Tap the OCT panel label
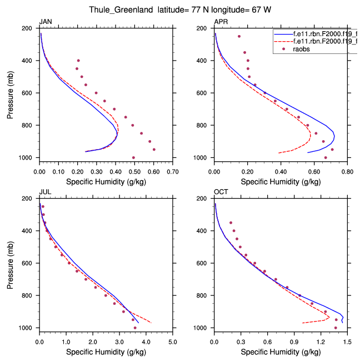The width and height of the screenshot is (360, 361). coord(221,192)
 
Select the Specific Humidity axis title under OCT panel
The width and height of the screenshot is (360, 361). coord(281,353)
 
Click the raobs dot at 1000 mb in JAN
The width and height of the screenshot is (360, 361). coord(133,158)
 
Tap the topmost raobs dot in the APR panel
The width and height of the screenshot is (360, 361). coord(239,37)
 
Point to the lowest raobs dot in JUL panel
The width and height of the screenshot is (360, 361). coord(135,328)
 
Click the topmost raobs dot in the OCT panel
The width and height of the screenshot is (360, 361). coord(231,223)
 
